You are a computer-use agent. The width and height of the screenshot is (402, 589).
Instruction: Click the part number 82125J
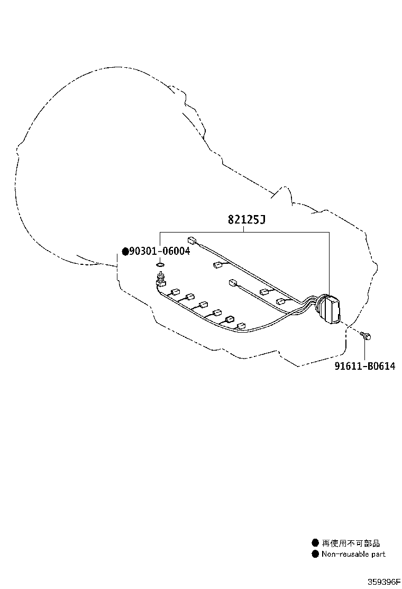[246, 219]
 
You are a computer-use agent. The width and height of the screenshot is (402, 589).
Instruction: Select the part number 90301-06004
[160, 251]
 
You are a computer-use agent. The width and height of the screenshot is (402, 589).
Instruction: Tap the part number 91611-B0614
[364, 366]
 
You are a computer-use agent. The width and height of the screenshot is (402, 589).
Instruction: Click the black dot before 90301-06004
[125, 251]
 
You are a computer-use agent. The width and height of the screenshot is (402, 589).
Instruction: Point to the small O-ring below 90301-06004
[160, 265]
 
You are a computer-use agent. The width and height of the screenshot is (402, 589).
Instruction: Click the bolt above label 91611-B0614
[366, 335]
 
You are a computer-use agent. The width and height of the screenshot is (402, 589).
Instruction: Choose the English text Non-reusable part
[353, 554]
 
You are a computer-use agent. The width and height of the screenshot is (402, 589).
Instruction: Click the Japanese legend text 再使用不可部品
[351, 543]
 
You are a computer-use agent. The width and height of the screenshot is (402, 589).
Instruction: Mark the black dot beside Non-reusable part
[315, 554]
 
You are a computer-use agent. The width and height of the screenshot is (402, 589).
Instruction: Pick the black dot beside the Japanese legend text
[315, 543]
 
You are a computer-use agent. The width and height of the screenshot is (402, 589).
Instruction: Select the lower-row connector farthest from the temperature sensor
[241, 326]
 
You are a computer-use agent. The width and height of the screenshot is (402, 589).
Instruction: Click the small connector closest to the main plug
[281, 301]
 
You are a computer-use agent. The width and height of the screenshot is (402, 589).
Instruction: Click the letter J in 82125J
[262, 219]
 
